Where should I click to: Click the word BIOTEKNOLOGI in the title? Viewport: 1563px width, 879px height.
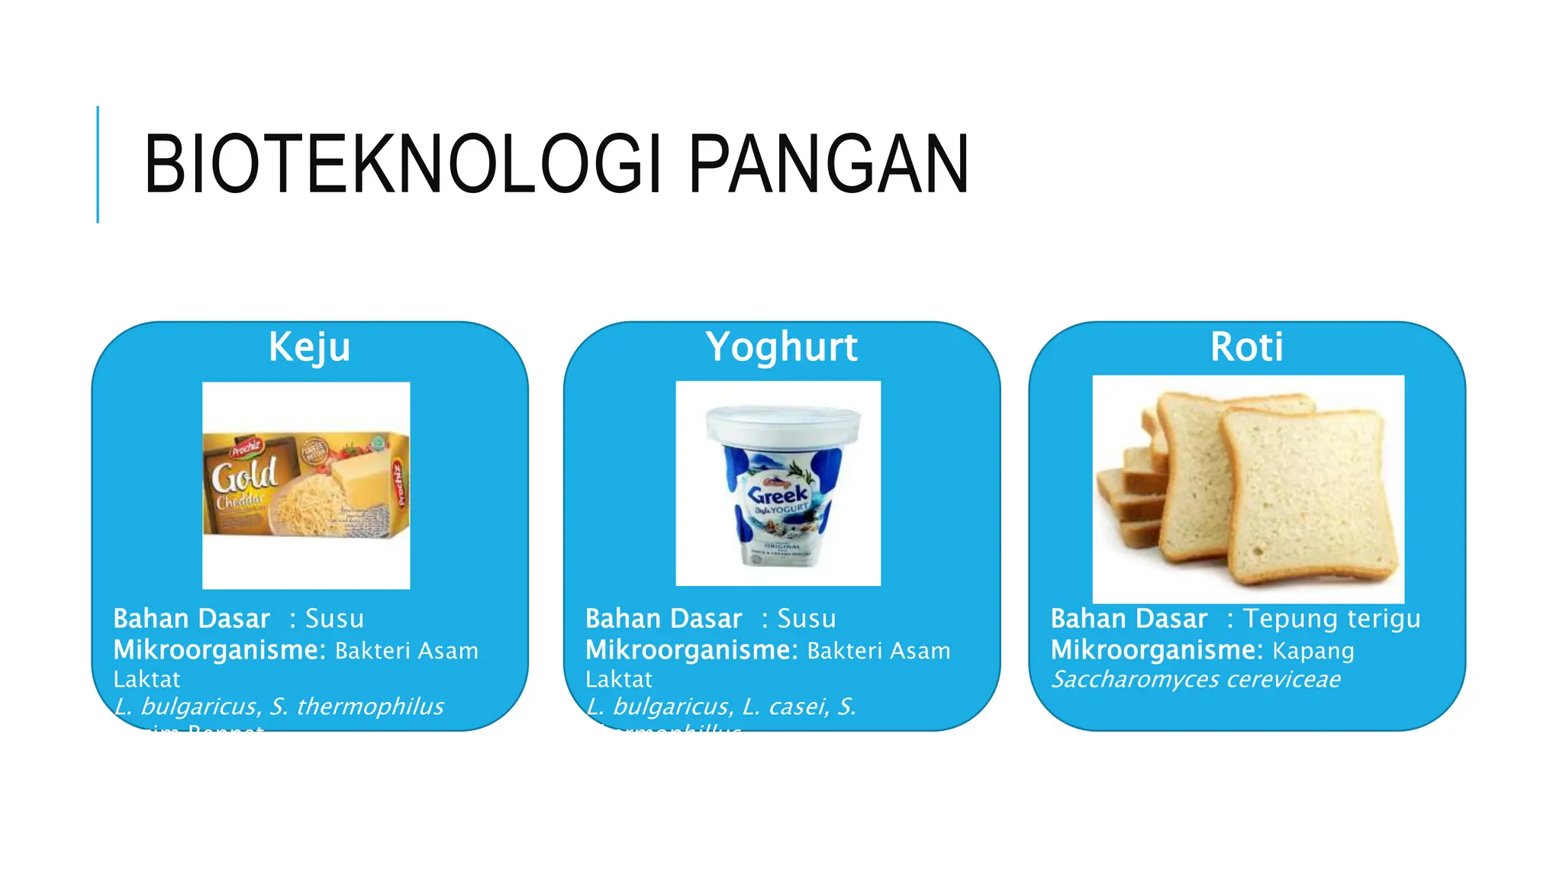(x=402, y=164)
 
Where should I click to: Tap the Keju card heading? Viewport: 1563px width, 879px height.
(x=309, y=347)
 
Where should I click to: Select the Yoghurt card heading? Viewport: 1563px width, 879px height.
(x=781, y=347)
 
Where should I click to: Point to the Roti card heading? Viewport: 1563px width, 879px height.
(x=1246, y=347)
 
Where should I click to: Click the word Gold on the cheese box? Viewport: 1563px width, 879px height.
(x=244, y=476)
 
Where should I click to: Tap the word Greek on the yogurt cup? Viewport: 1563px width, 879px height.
(x=778, y=494)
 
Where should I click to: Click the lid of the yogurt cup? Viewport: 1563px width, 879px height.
(x=782, y=420)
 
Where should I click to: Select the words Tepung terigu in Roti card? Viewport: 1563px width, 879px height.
(x=1332, y=618)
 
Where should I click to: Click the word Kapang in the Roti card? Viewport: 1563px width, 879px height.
(x=1313, y=651)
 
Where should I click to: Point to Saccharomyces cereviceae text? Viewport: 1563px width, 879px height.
(x=1195, y=679)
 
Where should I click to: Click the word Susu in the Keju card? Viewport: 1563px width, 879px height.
(x=334, y=618)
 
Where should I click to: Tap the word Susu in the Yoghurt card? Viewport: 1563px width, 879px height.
(x=807, y=618)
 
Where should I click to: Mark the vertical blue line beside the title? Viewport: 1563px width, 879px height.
(x=98, y=164)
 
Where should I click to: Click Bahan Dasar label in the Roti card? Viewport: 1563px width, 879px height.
(x=1129, y=618)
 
